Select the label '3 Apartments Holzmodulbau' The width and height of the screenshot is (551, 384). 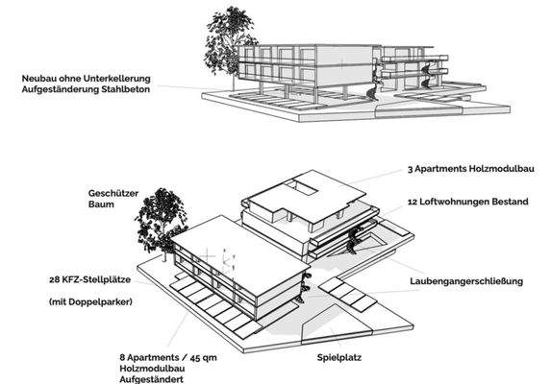click(x=471, y=169)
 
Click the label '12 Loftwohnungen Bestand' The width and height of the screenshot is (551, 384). click(x=468, y=202)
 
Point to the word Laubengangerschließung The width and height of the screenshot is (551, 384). click(x=466, y=281)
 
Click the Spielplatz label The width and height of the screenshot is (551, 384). click(x=339, y=358)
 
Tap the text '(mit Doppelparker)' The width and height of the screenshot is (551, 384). click(x=90, y=301)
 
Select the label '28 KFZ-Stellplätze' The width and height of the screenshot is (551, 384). click(x=90, y=280)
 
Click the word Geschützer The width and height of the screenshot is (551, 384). click(x=113, y=193)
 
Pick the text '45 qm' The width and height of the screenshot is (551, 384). click(x=204, y=358)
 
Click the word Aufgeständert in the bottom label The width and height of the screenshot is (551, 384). click(x=152, y=379)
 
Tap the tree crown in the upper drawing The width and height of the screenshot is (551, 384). click(x=227, y=40)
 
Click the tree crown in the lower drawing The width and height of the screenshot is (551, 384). click(x=161, y=219)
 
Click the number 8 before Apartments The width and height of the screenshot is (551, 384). click(x=122, y=358)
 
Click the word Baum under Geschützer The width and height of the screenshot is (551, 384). click(x=101, y=204)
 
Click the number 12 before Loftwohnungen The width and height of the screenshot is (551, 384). click(x=413, y=202)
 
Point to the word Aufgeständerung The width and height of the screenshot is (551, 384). click(x=60, y=89)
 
